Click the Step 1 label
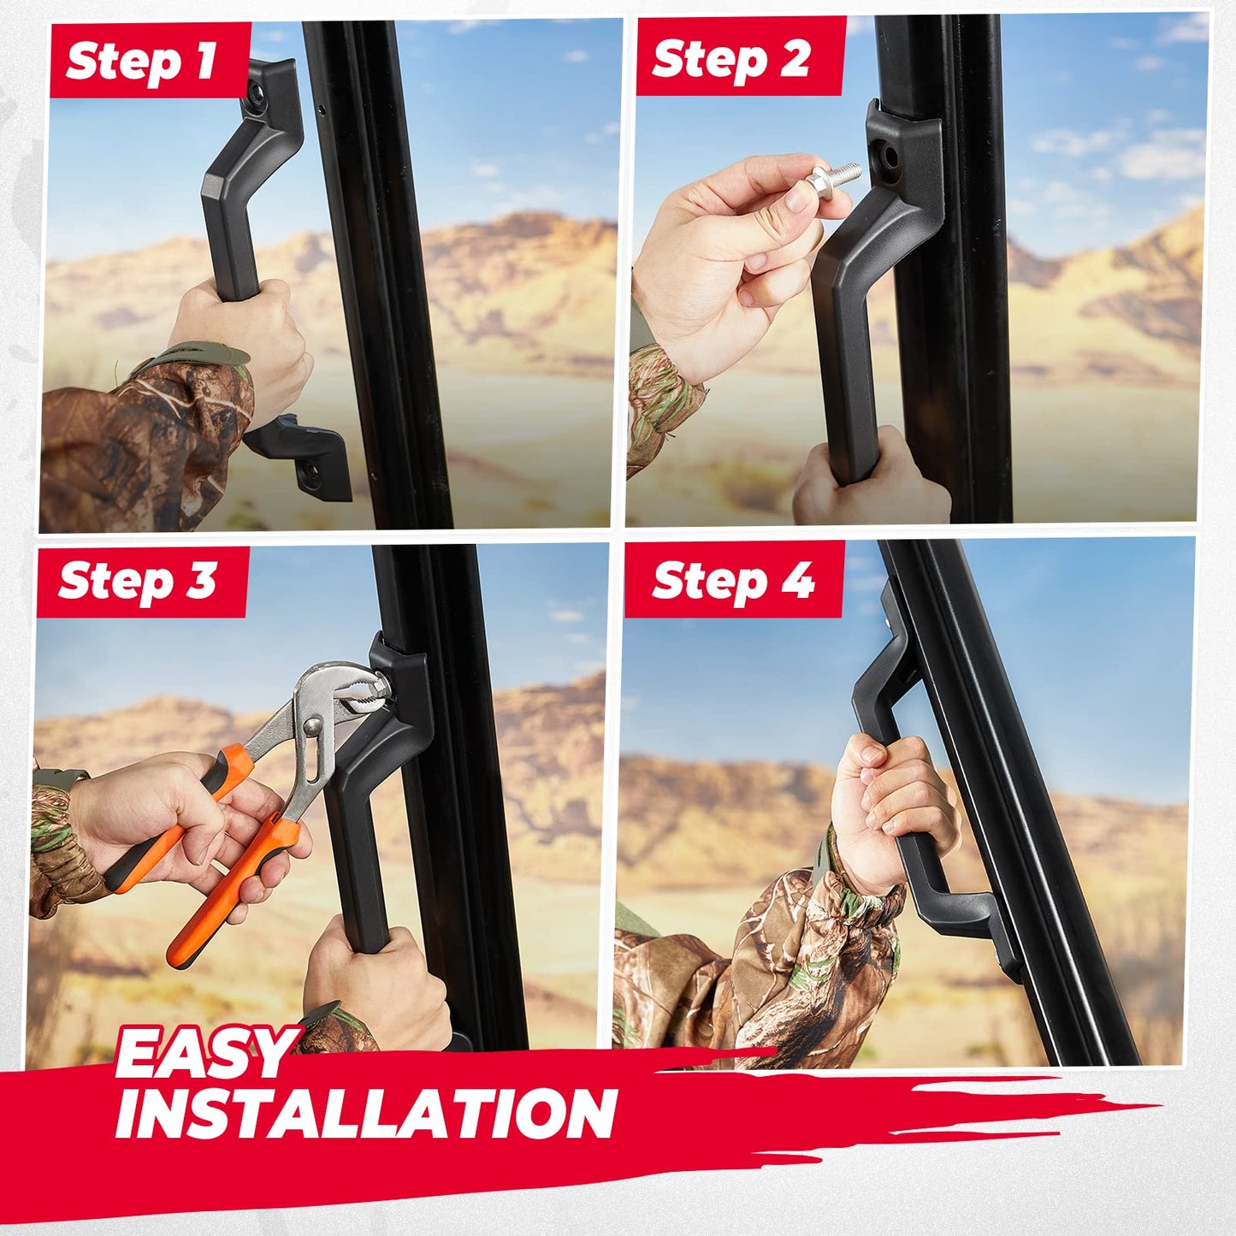tap(140, 63)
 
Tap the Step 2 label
tap(730, 60)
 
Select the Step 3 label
tap(137, 582)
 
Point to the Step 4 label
tap(732, 581)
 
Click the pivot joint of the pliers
tap(312, 725)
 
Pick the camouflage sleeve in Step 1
tap(141, 442)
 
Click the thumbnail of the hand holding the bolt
tap(799, 199)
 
